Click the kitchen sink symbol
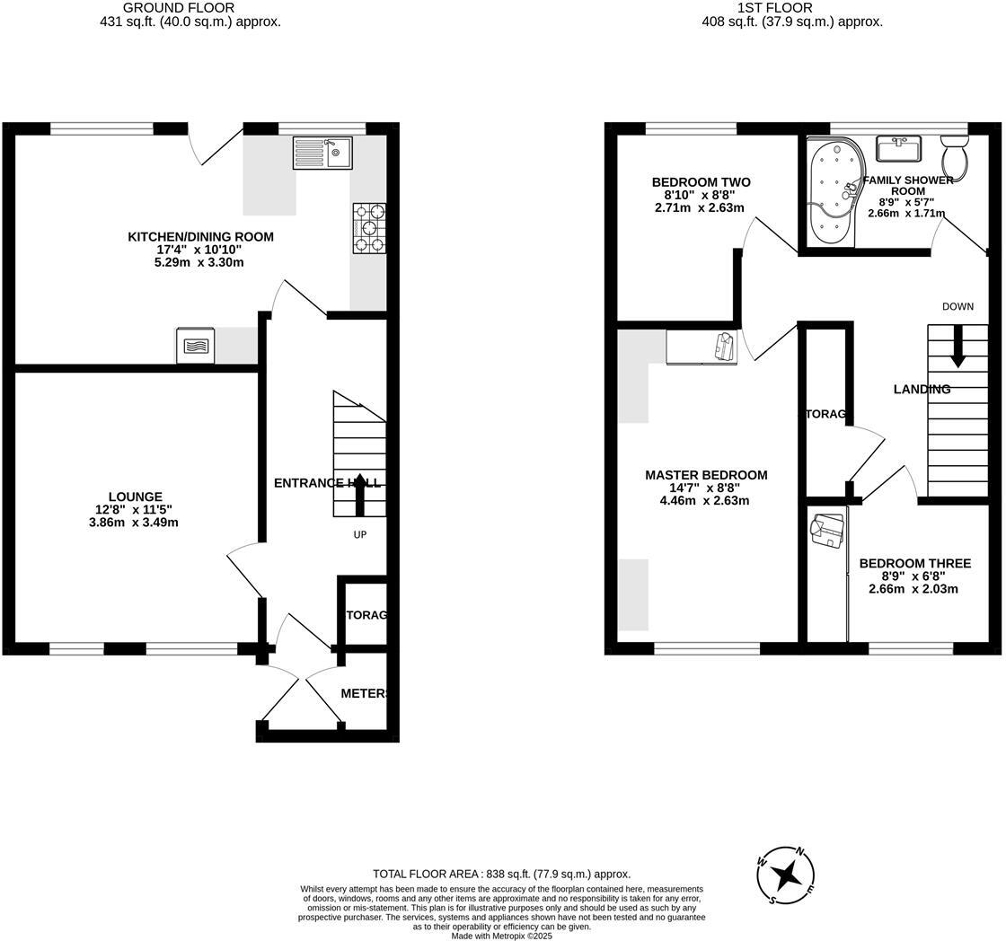[322, 153]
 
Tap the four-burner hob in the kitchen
[369, 228]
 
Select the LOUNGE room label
[136, 497]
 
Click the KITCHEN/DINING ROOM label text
[200, 237]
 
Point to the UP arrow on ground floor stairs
[360, 495]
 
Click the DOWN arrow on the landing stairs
[957, 347]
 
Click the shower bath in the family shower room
[833, 190]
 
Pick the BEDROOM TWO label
[701, 182]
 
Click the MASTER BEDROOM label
[706, 475]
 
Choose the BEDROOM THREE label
[914, 564]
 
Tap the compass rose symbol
[787, 875]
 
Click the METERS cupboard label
[364, 693]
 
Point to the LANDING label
[922, 390]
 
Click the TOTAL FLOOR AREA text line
[501, 874]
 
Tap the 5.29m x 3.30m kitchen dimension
[199, 262]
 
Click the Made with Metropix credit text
[501, 936]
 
